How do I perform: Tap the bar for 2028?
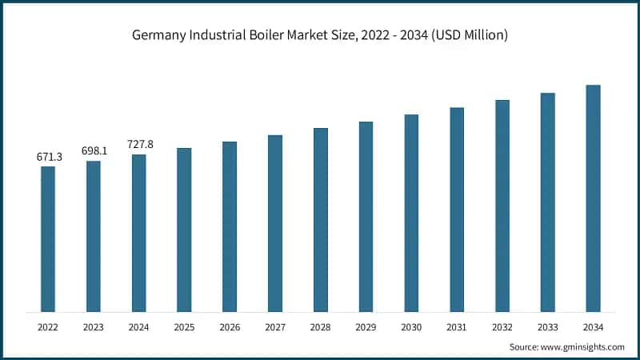(x=321, y=219)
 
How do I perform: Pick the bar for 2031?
(x=457, y=209)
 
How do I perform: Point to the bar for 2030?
(x=411, y=213)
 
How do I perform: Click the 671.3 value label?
(x=49, y=157)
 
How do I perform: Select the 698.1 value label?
(x=94, y=151)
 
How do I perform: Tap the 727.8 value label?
(x=140, y=145)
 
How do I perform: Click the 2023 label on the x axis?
(x=94, y=327)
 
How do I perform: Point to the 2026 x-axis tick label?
(x=230, y=327)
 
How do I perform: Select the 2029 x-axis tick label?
(x=366, y=327)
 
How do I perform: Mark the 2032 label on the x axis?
(x=502, y=327)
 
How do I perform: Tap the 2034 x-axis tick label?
(x=593, y=327)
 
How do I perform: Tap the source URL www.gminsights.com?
(x=585, y=346)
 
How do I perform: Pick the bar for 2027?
(x=275, y=223)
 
